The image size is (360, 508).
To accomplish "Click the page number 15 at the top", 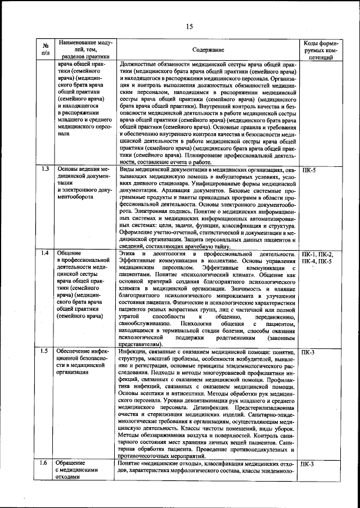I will pyautogui.click(x=189, y=26).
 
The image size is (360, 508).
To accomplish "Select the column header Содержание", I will pyautogui.click(x=207, y=50).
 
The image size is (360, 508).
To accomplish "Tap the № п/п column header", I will pyautogui.click(x=45, y=49).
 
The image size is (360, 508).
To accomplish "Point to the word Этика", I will pyautogui.click(x=130, y=253).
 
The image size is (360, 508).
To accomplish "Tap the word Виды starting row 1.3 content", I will pyautogui.click(x=128, y=169).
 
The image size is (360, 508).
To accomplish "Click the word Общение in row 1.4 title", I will pyautogui.click(x=70, y=253).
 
